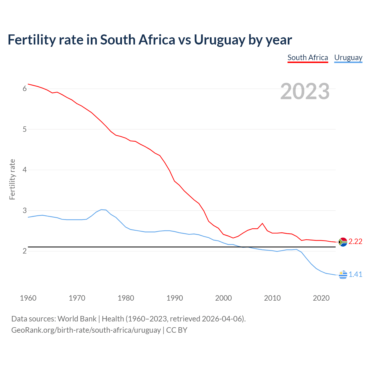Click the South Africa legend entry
[308, 58]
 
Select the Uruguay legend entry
[348, 58]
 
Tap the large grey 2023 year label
[305, 91]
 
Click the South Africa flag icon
[343, 242]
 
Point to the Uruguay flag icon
[343, 275]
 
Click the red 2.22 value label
[355, 241]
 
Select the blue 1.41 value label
[355, 274]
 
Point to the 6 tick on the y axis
[25, 89]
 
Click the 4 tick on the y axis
[25, 170]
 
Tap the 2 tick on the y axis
[25, 251]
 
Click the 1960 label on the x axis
[28, 298]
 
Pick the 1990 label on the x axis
[175, 298]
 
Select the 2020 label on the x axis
[321, 298]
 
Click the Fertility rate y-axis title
[12, 179]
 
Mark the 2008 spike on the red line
[262, 223]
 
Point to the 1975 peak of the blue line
[101, 210]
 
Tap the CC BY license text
[177, 330]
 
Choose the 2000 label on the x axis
[223, 298]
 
